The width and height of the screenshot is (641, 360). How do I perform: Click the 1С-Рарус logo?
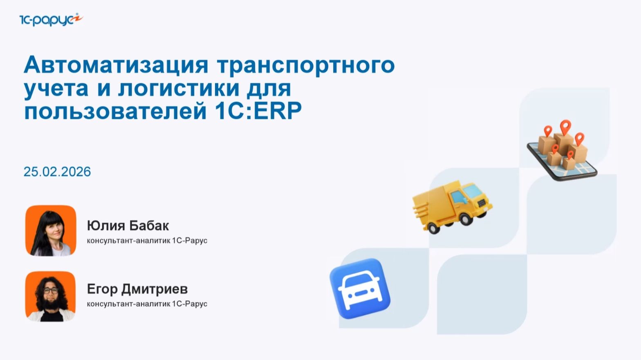pyautogui.click(x=51, y=19)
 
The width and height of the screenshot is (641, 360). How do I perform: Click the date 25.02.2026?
pyautogui.click(x=57, y=172)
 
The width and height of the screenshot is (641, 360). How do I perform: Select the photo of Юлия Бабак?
pyautogui.click(x=51, y=231)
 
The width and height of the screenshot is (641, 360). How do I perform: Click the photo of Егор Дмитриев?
pyautogui.click(x=51, y=296)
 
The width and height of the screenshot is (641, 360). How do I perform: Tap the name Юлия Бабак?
pyautogui.click(x=128, y=226)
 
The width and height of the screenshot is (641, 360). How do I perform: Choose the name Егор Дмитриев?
pyautogui.click(x=137, y=289)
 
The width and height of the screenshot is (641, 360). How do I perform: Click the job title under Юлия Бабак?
pyautogui.click(x=147, y=241)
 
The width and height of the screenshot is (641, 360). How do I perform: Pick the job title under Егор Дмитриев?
pyautogui.click(x=147, y=304)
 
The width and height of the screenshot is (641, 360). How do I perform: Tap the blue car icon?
pyautogui.click(x=360, y=288)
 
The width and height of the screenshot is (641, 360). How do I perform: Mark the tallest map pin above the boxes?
pyautogui.click(x=565, y=127)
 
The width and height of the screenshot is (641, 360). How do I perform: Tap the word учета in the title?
pyautogui.click(x=56, y=88)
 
